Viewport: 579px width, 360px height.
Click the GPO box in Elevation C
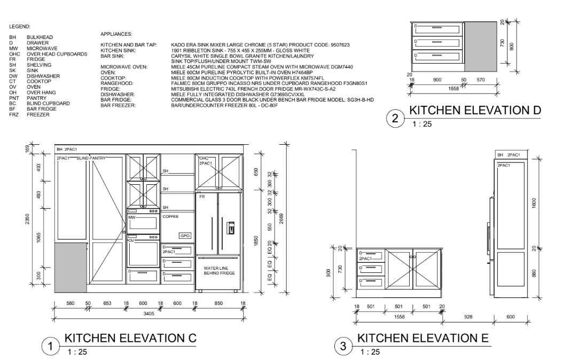click(185, 236)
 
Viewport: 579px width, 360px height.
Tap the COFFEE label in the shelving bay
click(170, 217)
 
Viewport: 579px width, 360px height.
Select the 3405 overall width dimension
click(149, 314)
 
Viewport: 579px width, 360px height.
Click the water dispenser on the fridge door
click(230, 228)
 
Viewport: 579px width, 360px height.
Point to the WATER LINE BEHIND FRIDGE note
click(220, 271)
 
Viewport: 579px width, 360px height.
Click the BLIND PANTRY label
click(91, 159)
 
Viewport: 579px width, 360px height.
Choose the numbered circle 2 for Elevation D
click(395, 119)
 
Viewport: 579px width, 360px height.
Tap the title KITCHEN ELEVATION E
click(423, 338)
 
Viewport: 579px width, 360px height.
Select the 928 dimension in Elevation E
click(468, 317)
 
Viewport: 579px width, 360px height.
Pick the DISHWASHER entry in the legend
click(43, 76)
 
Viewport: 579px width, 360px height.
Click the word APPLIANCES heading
click(116, 34)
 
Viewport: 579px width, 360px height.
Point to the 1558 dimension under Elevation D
click(453, 89)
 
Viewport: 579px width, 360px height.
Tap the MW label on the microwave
click(132, 217)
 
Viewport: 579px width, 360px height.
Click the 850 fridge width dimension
click(218, 303)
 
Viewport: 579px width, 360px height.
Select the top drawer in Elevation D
click(437, 29)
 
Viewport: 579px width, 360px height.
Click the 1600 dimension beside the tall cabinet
click(534, 203)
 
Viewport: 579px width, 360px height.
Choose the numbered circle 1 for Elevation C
click(50, 347)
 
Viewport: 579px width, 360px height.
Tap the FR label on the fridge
click(202, 197)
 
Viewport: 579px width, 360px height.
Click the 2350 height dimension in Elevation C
click(28, 218)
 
